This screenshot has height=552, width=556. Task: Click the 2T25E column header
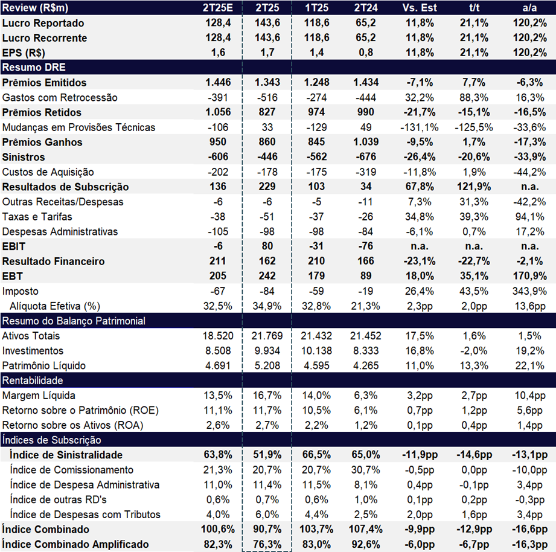218,7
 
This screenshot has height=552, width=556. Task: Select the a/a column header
529,7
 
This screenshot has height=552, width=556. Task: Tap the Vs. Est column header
420,7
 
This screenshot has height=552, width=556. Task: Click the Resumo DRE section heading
34,67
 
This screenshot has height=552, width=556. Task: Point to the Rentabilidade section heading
33,380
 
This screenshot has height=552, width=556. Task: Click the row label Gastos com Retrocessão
60,97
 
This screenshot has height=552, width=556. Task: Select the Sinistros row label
24,157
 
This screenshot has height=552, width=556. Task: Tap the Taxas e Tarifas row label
37,216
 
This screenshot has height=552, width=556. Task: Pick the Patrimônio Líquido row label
44,365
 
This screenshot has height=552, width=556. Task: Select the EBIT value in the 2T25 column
267,246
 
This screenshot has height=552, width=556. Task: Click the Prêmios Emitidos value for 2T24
366,82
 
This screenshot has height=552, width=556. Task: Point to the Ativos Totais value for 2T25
267,336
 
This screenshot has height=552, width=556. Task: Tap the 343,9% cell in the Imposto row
529,291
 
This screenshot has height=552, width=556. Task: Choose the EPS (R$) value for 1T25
316,53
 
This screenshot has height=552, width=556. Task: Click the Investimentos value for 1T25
316,350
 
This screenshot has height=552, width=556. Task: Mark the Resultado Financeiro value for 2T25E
218,261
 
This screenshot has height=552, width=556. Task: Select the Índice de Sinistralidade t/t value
474,454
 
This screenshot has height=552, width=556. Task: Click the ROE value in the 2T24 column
366,410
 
